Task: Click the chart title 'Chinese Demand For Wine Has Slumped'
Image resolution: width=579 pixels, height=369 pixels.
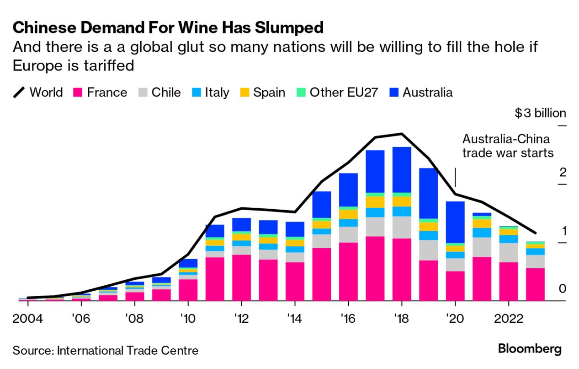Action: (x=168, y=28)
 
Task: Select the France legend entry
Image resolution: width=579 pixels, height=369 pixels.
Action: (x=100, y=92)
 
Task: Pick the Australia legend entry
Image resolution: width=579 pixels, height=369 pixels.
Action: (x=420, y=92)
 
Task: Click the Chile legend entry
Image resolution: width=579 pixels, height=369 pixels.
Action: (x=159, y=92)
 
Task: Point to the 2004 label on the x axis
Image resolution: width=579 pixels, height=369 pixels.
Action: (x=28, y=318)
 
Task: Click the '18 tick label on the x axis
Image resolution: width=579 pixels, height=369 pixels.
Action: (x=401, y=318)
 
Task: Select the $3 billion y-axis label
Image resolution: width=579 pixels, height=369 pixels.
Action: (x=540, y=113)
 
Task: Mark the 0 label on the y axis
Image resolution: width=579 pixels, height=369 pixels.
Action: (x=563, y=288)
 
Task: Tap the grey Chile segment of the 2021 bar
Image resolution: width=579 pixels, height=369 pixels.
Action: (x=481, y=247)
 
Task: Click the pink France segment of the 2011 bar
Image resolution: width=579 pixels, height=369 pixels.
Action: (x=215, y=279)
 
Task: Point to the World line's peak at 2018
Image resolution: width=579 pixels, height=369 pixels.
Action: (x=402, y=134)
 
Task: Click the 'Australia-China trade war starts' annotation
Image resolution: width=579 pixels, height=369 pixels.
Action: (x=508, y=146)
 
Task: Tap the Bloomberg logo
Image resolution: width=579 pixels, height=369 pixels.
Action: (x=530, y=349)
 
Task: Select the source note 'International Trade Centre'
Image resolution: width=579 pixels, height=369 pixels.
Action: (x=106, y=351)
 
